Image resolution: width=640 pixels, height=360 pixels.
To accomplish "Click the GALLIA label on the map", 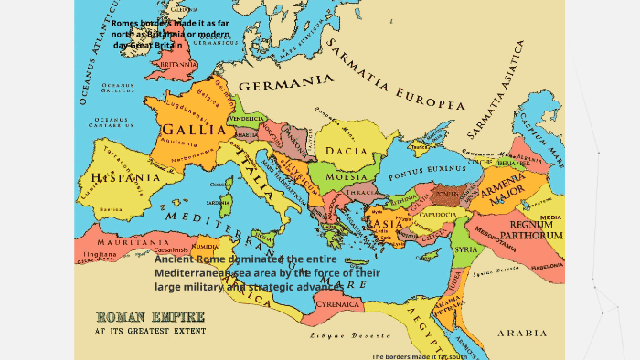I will [194, 130].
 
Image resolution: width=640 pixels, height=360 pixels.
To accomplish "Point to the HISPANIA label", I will [125, 177].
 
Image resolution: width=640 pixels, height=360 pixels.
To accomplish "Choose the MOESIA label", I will [347, 176].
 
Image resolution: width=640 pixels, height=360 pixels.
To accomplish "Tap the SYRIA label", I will [465, 249].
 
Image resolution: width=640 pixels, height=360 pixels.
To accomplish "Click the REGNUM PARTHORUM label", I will [537, 229].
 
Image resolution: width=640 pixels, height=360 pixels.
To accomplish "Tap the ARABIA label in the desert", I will [522, 334].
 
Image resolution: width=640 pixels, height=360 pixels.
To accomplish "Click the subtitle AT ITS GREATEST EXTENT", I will [150, 331].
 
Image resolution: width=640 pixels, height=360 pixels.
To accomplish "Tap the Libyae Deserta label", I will [338, 335].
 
